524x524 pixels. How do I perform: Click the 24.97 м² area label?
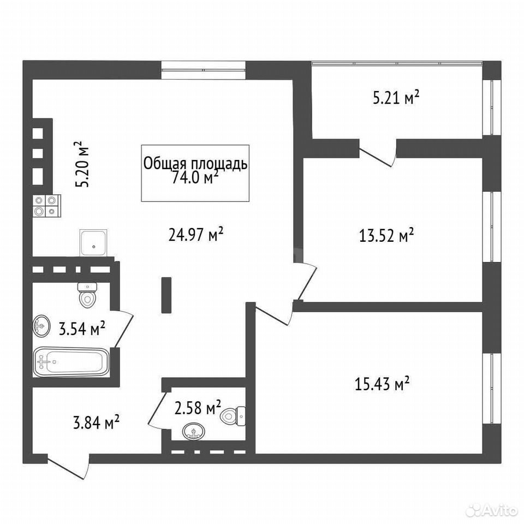point(196,235)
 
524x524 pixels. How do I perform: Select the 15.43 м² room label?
point(382,384)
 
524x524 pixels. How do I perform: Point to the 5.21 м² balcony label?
point(396,98)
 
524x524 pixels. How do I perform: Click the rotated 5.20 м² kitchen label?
point(81,164)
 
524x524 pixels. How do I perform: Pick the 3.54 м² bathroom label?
point(82,329)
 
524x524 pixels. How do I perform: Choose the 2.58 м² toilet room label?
point(198,407)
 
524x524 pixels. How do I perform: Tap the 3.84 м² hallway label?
point(96,422)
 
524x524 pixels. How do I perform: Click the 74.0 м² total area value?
point(195,177)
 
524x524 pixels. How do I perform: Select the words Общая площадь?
point(195,164)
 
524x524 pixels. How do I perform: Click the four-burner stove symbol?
point(47,206)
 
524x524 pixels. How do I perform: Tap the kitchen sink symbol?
point(93,243)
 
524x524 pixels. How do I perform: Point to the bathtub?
point(72,362)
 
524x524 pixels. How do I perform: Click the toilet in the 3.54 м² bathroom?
point(87,295)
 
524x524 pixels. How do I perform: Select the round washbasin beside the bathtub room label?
point(41,325)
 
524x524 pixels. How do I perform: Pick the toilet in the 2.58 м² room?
point(233,416)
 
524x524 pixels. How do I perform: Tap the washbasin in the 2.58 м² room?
point(194,431)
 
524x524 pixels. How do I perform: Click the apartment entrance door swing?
point(68,467)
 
